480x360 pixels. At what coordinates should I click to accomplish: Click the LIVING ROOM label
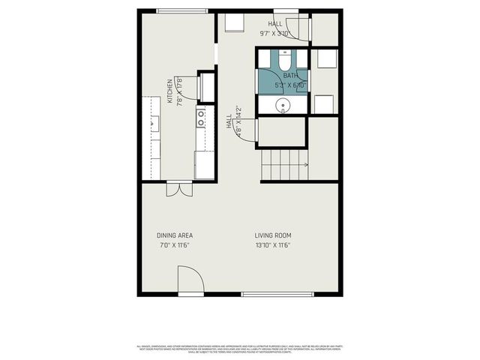[x=271, y=235]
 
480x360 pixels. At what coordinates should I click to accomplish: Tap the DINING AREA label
[x=175, y=235]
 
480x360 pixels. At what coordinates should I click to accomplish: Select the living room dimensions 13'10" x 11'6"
[x=271, y=245]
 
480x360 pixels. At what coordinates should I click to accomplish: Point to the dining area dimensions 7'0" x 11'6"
[x=175, y=245]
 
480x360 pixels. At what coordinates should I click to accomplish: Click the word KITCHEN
[x=170, y=91]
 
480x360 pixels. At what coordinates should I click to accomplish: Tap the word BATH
[x=290, y=75]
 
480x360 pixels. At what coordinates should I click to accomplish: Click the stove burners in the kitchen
[x=201, y=117]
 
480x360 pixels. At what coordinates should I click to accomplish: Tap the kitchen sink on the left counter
[x=154, y=124]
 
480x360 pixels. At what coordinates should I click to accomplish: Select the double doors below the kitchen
[x=180, y=189]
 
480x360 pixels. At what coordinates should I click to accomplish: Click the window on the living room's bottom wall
[x=277, y=294]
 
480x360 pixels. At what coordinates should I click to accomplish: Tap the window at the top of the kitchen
[x=182, y=11]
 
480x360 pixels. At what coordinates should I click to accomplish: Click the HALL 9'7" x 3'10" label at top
[x=274, y=28]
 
